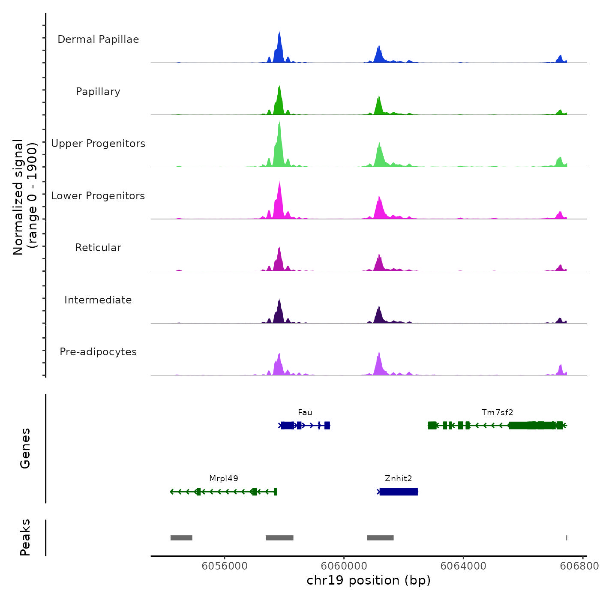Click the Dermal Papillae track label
click(98, 39)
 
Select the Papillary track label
click(98, 92)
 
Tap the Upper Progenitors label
click(98, 144)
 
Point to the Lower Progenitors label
click(98, 196)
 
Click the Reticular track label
click(98, 248)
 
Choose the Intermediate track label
click(98, 300)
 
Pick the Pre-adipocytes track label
click(98, 352)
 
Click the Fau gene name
click(305, 413)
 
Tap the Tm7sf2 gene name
click(497, 413)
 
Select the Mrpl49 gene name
click(223, 479)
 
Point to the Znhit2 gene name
click(398, 479)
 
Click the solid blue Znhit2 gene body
click(399, 492)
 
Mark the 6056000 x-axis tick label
click(225, 566)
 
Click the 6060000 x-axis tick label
click(344, 566)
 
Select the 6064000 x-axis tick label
click(463, 566)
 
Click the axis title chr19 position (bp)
click(369, 580)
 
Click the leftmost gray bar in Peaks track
click(181, 538)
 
